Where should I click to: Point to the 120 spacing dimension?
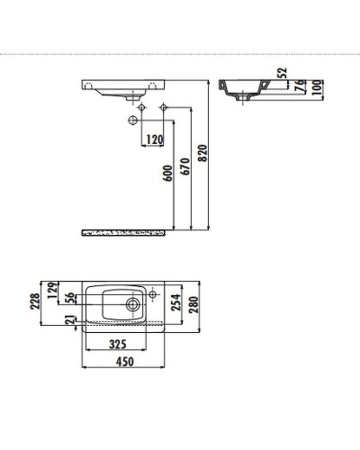pos(154,139)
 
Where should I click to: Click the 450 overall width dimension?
pos(126,362)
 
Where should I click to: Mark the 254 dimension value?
pos(175,304)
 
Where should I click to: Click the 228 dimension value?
pos(35,301)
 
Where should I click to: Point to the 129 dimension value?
pos(51,288)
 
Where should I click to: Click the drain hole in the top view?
pos(132,304)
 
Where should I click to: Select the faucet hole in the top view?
pos(153,294)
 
